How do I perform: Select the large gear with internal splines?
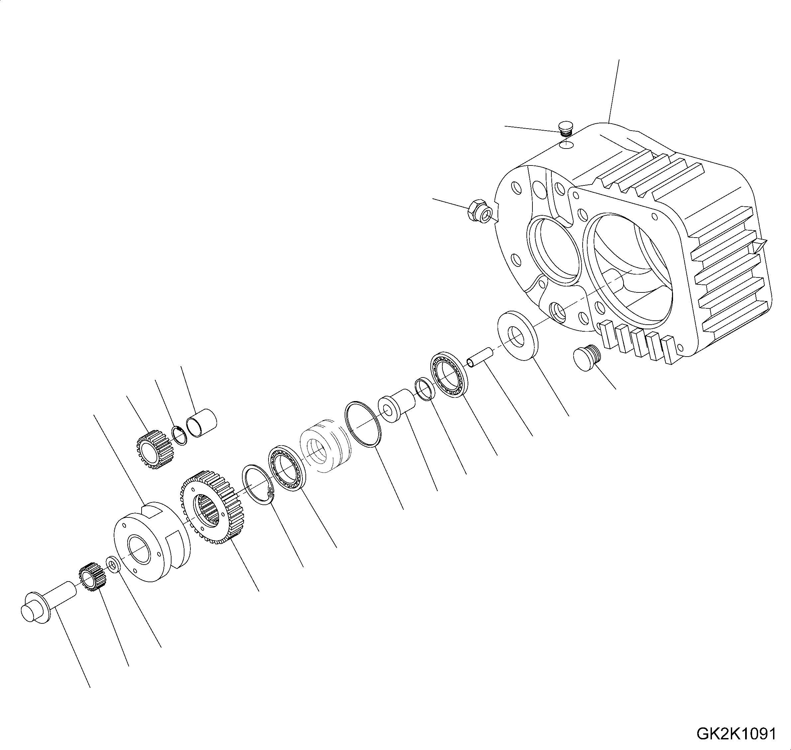[211, 507]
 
